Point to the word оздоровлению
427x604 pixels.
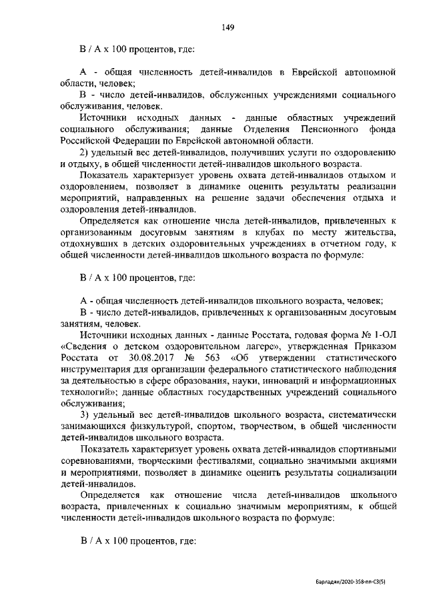[x=369, y=152]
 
